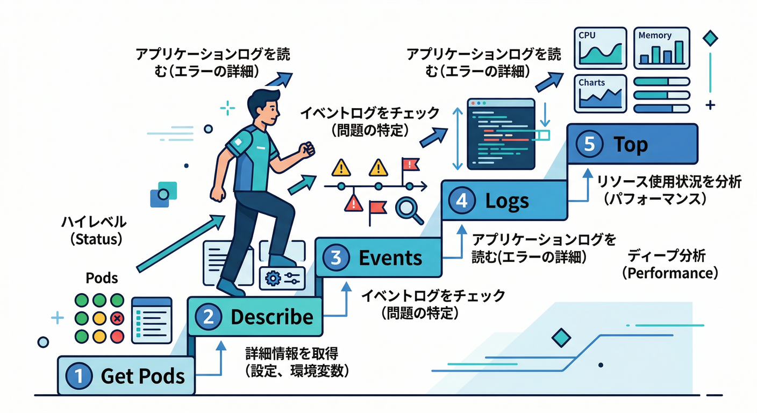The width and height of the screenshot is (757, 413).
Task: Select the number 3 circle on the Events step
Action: click(x=336, y=258)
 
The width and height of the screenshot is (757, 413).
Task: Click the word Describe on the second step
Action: click(x=272, y=317)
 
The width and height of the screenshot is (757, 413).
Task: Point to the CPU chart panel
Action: click(x=600, y=48)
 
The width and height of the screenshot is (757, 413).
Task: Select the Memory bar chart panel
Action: click(x=661, y=48)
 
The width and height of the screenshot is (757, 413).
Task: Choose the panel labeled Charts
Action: click(x=600, y=94)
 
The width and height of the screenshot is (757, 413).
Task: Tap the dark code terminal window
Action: click(x=501, y=133)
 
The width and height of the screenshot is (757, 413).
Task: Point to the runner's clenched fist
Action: click(x=306, y=149)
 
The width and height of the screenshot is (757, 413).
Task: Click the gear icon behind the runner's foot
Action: click(x=274, y=277)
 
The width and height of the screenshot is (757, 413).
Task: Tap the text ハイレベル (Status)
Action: click(x=94, y=230)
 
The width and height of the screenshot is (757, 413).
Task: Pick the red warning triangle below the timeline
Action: click(x=353, y=203)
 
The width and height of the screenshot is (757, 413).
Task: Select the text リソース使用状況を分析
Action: click(x=669, y=182)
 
